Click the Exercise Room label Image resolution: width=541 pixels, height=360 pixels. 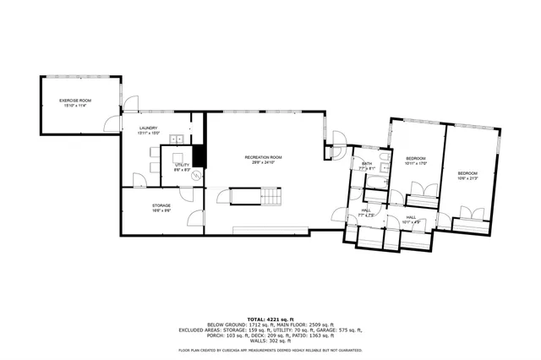tap(74, 100)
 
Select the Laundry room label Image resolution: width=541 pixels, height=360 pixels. tap(148, 128)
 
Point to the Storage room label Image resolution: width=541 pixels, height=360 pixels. tap(161, 205)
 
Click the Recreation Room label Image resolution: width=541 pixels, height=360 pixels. tap(263, 157)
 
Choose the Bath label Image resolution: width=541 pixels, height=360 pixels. tap(367, 165)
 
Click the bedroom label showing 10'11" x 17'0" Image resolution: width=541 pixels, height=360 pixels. tap(415, 160)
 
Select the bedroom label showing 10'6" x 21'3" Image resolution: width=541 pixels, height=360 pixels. tap(467, 174)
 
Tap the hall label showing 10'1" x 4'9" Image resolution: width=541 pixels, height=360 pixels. tap(411, 219)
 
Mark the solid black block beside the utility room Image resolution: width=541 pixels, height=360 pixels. tap(199, 156)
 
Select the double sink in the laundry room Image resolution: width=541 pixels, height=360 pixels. tap(176, 139)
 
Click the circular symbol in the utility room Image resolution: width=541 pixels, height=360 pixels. tap(195, 177)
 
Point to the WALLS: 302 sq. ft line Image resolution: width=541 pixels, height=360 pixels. tap(270, 341)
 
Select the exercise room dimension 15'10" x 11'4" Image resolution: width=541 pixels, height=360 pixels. tap(74, 105)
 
